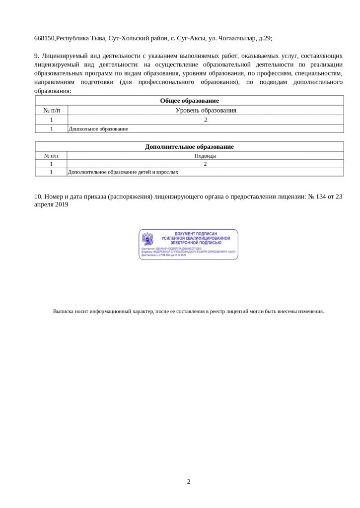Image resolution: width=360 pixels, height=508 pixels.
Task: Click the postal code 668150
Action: coord(44,38)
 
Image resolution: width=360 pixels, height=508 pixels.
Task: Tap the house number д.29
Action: coord(264,38)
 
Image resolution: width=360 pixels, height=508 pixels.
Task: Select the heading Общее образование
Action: coord(189,101)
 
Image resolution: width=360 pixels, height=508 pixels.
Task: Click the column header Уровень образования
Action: coord(206,110)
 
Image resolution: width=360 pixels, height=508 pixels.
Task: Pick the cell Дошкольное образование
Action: coord(98,129)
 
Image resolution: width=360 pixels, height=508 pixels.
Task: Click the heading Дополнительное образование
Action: coord(189,147)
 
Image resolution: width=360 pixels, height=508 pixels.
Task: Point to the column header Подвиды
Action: coord(205,156)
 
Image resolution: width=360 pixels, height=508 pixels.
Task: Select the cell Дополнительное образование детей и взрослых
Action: coord(123,172)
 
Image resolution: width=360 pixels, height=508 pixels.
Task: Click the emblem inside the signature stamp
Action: coord(147,239)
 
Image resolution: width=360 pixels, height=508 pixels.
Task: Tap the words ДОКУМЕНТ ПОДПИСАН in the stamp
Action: coord(196,233)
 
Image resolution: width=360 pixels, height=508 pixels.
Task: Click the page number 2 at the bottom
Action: coord(189,481)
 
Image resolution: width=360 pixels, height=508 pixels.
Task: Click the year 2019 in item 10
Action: coord(61,204)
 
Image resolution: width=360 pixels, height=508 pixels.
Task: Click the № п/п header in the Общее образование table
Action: coord(51,110)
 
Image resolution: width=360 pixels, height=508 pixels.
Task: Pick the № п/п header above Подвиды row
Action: coord(51,156)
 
